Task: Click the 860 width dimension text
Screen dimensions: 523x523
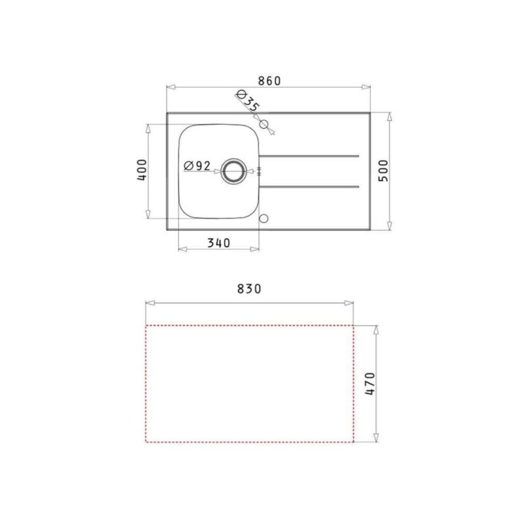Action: point(269,81)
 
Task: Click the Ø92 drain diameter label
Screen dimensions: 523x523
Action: point(197,165)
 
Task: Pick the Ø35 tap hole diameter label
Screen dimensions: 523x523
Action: point(246,103)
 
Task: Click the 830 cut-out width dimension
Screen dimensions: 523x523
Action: point(249,289)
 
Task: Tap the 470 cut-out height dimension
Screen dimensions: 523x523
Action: point(370,384)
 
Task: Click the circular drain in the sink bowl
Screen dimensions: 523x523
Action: point(232,171)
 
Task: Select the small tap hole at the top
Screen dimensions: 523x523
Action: point(264,124)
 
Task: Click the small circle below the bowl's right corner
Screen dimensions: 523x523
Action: point(264,218)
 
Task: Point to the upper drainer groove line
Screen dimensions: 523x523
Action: point(310,156)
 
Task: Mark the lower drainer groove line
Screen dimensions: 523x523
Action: point(310,187)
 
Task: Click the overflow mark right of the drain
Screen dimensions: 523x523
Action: point(260,171)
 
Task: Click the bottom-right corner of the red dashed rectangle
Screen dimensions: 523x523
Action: point(354,443)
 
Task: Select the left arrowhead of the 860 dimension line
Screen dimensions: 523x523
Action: point(169,88)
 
